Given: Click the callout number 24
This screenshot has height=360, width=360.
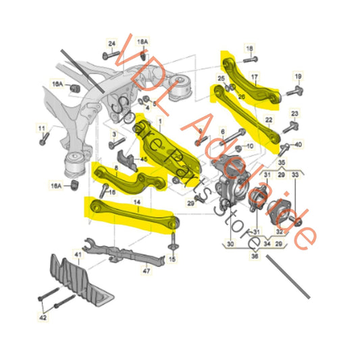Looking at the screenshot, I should (x=112, y=44).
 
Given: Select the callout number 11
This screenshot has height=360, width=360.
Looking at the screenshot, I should (x=41, y=128).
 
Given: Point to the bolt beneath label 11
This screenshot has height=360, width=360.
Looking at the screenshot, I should (x=43, y=140).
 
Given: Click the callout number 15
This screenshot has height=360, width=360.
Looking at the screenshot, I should (x=172, y=258).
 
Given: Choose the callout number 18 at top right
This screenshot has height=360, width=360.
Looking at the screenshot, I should (x=249, y=49).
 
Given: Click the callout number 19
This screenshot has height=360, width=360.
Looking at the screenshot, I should (x=297, y=76).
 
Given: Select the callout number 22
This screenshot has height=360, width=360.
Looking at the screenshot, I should (x=267, y=120).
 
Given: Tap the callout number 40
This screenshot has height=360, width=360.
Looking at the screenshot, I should (x=298, y=143).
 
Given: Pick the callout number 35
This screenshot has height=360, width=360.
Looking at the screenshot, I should (x=280, y=163).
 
